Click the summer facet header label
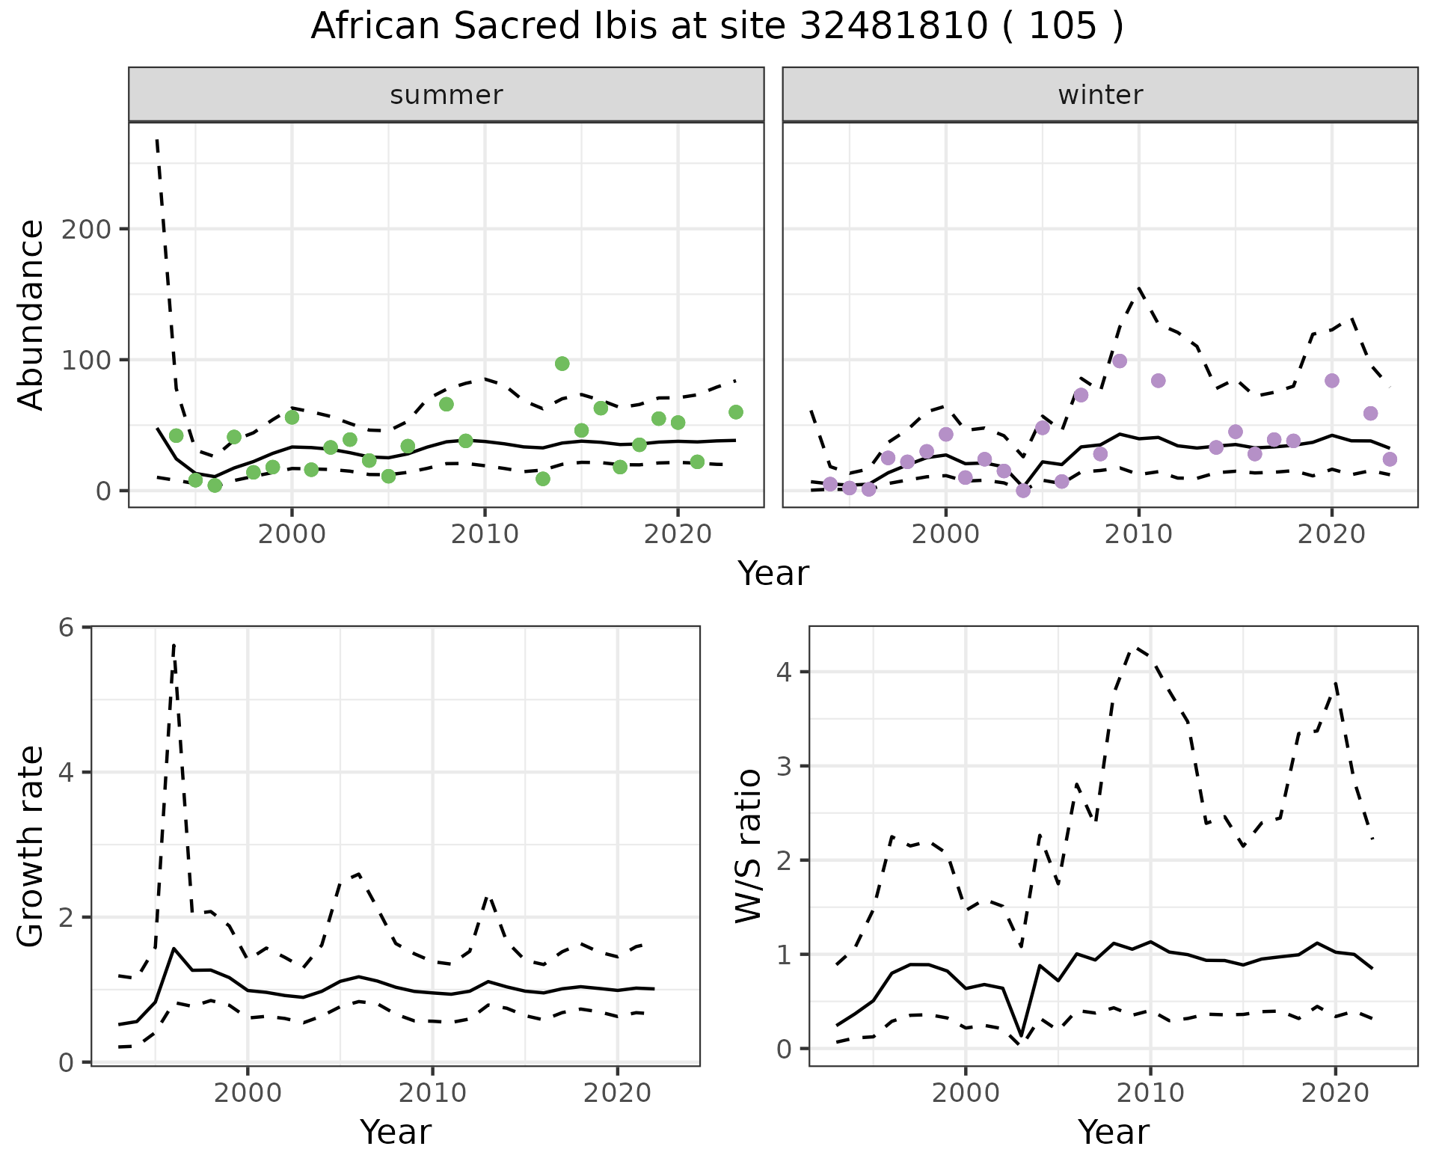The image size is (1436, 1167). pos(447,95)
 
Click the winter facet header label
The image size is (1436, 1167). pos(1100,95)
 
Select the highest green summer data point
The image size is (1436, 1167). pos(562,364)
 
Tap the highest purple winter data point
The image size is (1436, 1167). pos(1120,361)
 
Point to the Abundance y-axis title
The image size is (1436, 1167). pos(31,314)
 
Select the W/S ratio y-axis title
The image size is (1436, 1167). pos(749,846)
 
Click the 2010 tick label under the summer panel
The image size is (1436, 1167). pos(485,534)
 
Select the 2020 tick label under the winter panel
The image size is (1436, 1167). pos(1331,534)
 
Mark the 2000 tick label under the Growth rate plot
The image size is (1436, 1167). pos(248,1093)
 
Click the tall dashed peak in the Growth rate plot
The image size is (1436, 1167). pos(174,644)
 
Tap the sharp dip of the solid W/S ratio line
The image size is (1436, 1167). pos(1022,1035)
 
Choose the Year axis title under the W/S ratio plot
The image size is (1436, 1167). pos(1113,1132)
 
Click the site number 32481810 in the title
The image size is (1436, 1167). pos(895,27)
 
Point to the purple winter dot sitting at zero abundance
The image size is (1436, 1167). pos(1023,491)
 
